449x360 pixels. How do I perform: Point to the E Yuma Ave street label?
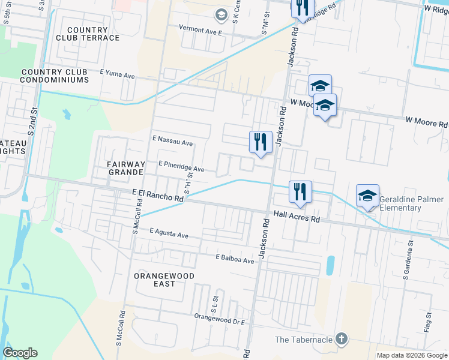point(118,73)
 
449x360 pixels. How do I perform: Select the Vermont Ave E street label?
point(200,28)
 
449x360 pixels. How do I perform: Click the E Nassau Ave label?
point(173,143)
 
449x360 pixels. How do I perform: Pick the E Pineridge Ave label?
point(181,166)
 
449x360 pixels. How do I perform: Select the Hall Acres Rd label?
point(297,216)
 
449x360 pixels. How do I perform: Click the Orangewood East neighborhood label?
point(155,279)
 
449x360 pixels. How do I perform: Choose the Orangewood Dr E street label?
point(220,319)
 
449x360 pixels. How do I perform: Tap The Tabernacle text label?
point(303,340)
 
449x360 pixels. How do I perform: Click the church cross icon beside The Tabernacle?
point(342,339)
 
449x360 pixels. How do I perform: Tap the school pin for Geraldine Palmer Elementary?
point(367,196)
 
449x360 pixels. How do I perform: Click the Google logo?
point(20,353)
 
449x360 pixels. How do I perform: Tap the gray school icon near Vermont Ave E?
point(221,14)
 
